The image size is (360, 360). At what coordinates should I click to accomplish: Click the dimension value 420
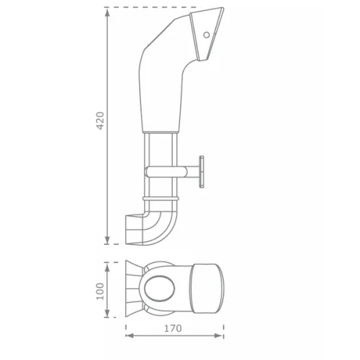click(100, 120)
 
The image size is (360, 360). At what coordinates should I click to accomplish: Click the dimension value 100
click(100, 291)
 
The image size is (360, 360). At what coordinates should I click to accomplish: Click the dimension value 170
click(173, 328)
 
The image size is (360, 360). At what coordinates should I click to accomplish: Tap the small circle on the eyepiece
click(207, 35)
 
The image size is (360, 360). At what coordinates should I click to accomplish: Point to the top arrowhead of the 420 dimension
click(107, 13)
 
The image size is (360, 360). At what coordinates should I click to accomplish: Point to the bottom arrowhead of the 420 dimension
click(107, 240)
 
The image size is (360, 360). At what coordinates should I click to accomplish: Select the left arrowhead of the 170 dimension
click(130, 336)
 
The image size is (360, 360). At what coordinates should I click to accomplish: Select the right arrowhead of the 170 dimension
click(219, 336)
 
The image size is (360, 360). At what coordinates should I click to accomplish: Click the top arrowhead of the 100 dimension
click(107, 267)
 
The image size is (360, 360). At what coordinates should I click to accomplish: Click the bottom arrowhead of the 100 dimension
click(107, 312)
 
